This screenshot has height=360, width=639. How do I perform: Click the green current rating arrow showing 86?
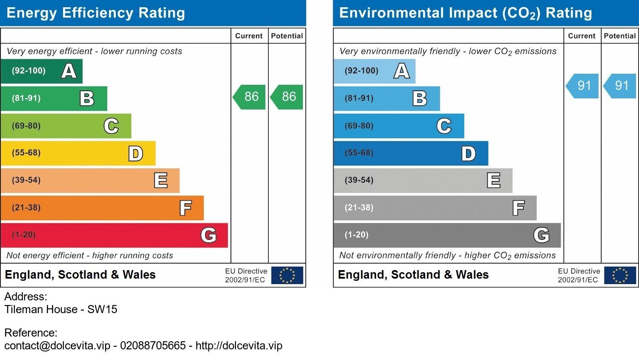click(x=250, y=97)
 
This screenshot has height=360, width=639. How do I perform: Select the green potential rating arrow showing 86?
click(x=288, y=97)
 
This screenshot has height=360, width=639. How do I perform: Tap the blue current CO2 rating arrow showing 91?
click(x=583, y=86)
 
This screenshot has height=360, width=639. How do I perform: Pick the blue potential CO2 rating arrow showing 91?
click(x=621, y=86)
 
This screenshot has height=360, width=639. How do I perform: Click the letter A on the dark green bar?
click(x=69, y=71)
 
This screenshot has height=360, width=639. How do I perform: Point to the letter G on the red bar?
click(x=208, y=235)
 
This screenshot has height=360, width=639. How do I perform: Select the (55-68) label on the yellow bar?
click(x=26, y=153)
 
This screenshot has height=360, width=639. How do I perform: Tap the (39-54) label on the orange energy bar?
click(x=26, y=180)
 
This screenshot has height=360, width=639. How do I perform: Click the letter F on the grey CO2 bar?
click(x=518, y=208)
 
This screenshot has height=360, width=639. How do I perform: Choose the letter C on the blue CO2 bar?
click(x=444, y=126)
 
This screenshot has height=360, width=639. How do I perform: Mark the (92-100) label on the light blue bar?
click(x=361, y=71)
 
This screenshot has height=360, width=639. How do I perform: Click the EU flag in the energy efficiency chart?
click(x=287, y=275)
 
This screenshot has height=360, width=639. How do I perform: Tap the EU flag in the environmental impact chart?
click(x=620, y=275)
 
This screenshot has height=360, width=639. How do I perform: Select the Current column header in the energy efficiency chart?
click(x=249, y=36)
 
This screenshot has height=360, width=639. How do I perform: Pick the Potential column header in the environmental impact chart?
click(x=619, y=36)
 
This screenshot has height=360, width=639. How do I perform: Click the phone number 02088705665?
click(x=153, y=346)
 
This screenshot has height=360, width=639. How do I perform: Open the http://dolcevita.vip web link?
click(x=239, y=346)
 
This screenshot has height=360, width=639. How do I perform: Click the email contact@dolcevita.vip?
click(x=58, y=346)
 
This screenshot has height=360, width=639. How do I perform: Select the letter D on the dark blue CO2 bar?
click(x=468, y=154)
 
